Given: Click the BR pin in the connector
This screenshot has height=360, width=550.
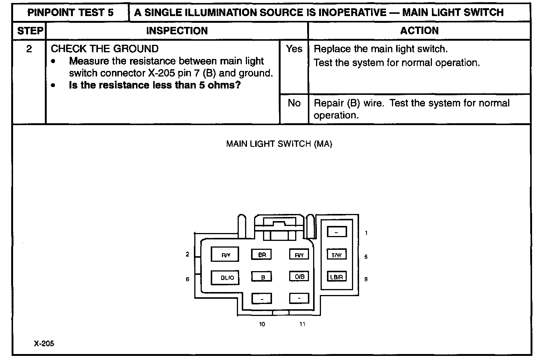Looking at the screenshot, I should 262,255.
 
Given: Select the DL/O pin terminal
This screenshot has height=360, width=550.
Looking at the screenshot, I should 225,277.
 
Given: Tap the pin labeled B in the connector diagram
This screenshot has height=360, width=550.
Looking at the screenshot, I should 262,277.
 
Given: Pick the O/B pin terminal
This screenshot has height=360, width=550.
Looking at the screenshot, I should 299,276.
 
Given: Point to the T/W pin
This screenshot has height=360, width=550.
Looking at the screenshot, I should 337,255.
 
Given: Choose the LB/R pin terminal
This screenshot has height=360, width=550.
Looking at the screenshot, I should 337,277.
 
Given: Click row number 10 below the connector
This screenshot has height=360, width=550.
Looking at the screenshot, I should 262,324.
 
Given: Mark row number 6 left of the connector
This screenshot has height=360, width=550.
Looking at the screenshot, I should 188,279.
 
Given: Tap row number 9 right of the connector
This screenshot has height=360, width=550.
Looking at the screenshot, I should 366,279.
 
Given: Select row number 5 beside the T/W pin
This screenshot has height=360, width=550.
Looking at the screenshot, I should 366,257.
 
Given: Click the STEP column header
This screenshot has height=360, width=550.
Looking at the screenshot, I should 30,31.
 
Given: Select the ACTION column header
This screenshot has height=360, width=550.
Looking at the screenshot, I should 419,31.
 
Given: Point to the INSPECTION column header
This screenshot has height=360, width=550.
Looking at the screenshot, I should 177,31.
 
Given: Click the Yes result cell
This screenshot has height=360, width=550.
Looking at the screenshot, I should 294,49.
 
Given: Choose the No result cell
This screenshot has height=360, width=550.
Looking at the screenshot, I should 294,103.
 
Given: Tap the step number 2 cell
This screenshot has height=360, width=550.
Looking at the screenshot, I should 29,49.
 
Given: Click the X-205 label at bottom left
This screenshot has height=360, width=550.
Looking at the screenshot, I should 44,344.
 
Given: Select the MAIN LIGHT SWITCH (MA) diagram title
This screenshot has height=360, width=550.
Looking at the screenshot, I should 279,144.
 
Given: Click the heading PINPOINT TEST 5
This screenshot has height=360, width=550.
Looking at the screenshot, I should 70,12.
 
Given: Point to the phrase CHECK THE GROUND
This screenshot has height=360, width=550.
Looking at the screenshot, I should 105,49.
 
